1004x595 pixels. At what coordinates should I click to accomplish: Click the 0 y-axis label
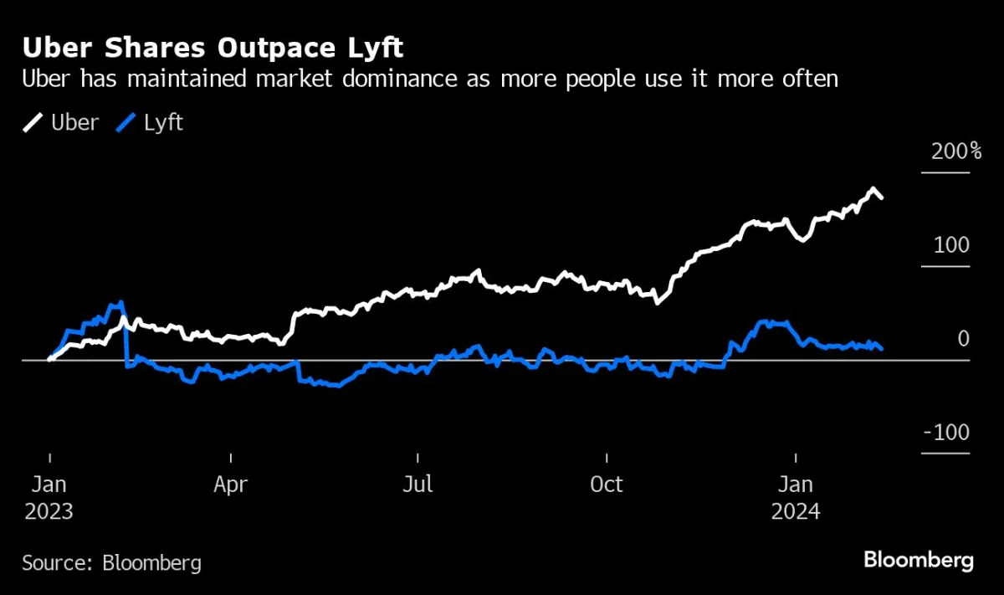tap(962, 339)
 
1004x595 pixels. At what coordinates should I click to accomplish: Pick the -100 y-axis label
tap(948, 433)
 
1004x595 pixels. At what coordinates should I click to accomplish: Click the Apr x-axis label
tap(230, 485)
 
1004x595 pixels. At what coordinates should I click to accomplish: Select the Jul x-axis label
tap(417, 485)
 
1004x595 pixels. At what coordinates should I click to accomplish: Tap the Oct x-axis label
tap(606, 485)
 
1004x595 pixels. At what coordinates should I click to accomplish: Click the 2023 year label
tap(49, 511)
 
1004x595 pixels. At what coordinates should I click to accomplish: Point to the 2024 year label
tap(796, 511)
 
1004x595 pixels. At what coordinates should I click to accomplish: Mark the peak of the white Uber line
tap(873, 188)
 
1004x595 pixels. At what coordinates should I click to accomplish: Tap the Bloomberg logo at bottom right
tap(919, 560)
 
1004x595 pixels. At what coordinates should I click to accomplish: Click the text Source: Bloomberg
tap(111, 562)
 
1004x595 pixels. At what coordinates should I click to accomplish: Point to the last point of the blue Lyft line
tap(882, 349)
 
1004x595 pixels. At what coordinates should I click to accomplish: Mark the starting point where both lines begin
tap(49, 358)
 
